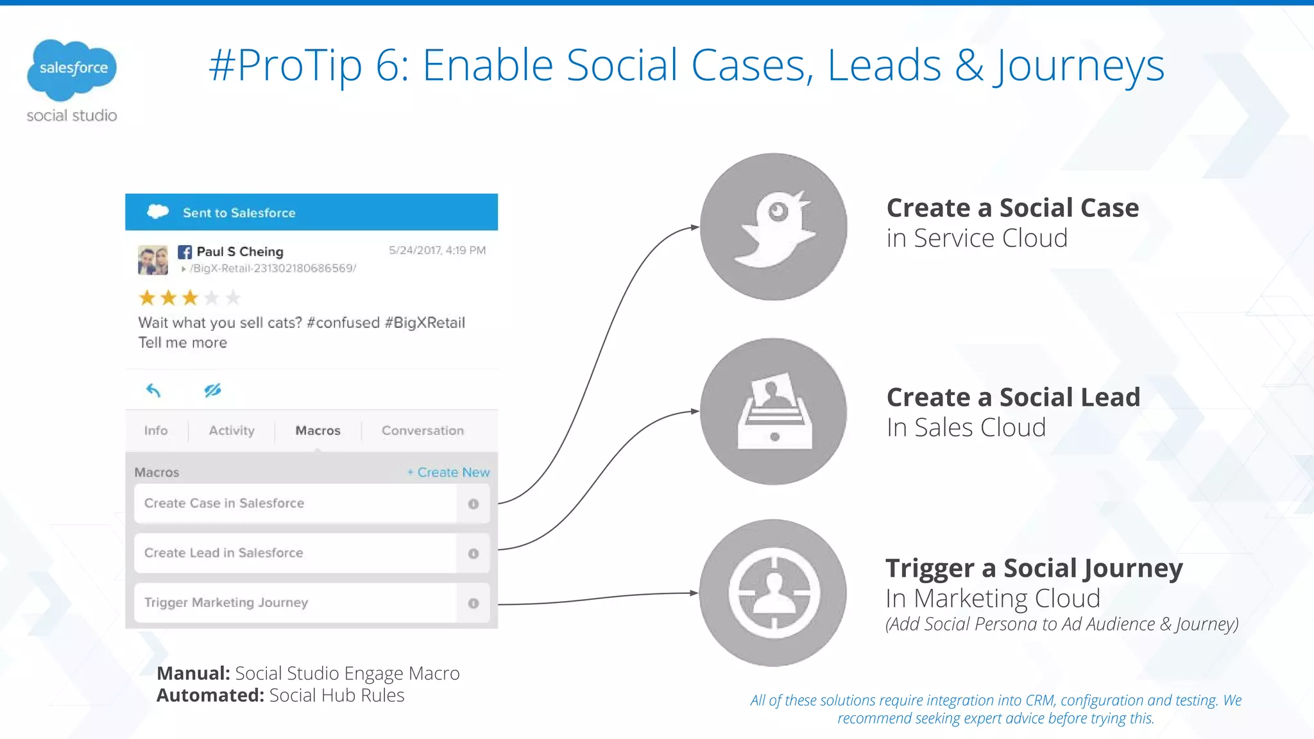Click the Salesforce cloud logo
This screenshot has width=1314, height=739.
click(x=72, y=69)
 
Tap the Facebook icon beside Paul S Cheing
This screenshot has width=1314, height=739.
click(x=185, y=252)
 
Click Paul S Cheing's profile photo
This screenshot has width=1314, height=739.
click(x=153, y=260)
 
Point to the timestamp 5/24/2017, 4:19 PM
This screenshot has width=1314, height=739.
click(x=437, y=250)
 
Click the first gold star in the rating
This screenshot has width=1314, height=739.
click(x=147, y=298)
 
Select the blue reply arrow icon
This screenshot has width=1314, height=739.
click(x=153, y=390)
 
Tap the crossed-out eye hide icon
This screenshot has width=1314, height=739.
click(x=212, y=390)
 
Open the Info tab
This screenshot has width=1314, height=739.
click(x=156, y=430)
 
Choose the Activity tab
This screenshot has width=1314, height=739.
click(x=232, y=430)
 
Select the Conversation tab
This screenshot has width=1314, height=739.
click(x=422, y=430)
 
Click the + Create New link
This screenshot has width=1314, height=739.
click(x=448, y=472)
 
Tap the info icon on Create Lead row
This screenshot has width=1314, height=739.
click(x=474, y=554)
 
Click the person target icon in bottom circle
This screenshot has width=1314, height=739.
click(x=774, y=593)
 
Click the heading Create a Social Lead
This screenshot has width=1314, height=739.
click(x=1013, y=397)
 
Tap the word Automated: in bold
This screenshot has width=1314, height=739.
click(x=210, y=695)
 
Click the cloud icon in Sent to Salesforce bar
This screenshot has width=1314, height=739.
click(x=158, y=212)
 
